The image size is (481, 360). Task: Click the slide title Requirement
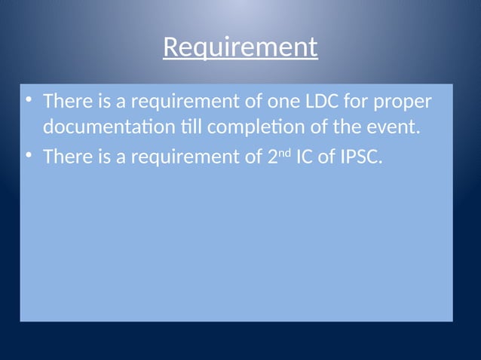(x=240, y=48)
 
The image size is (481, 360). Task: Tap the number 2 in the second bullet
(x=274, y=157)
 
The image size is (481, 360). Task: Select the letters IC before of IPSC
(x=306, y=157)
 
